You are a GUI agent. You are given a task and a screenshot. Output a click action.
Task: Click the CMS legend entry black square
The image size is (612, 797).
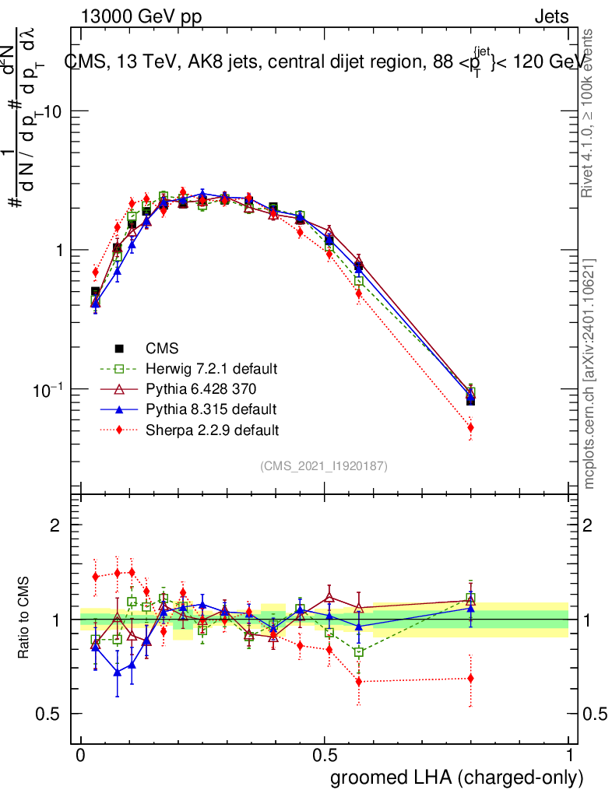[119, 348]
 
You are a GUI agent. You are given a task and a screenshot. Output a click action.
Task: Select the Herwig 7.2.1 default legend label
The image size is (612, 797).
[212, 368]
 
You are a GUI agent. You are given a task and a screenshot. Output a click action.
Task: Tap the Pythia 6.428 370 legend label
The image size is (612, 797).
[200, 388]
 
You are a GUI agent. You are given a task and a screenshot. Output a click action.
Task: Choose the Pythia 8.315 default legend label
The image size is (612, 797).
[211, 409]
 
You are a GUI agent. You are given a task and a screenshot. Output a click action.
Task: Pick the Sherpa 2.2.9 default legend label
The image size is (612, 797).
[212, 429]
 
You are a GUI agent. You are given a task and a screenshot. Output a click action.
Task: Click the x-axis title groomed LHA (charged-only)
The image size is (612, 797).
[458, 778]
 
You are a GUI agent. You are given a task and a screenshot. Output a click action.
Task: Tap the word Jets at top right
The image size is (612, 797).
[551, 17]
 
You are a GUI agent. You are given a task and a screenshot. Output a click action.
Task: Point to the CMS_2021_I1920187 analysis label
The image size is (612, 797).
[324, 465]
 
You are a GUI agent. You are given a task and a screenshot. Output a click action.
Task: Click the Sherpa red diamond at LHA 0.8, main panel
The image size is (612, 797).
[470, 427]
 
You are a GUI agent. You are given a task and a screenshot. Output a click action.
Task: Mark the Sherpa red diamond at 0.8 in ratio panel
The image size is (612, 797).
[470, 678]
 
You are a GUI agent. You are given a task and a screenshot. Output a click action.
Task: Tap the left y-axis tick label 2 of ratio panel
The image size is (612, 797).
[55, 525]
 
